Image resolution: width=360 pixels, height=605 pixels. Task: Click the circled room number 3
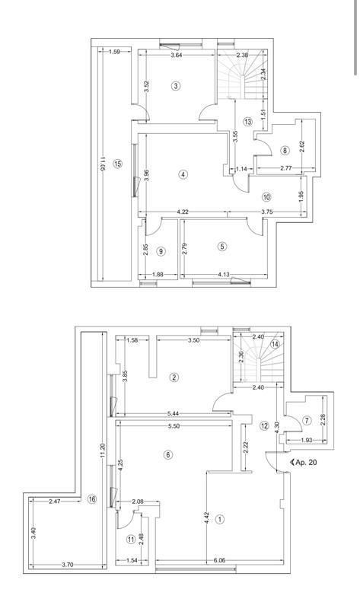[176, 86]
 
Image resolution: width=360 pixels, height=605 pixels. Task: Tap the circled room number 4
[183, 174]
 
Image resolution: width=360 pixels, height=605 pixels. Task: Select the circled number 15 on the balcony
[117, 164]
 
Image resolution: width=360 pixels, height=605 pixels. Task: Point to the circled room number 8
[285, 151]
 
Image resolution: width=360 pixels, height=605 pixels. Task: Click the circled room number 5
[222, 246]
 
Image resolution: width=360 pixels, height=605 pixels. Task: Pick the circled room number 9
[161, 251]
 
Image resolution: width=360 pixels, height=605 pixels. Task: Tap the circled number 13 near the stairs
[248, 122]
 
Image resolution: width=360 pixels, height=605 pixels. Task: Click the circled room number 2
[174, 377]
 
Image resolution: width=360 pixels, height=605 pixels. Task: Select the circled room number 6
[168, 455]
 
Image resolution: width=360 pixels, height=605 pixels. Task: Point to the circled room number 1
[220, 520]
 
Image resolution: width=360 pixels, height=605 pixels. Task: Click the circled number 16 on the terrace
[92, 499]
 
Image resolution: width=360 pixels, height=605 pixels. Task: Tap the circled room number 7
[307, 420]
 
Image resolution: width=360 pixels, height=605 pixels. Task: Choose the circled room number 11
[131, 539]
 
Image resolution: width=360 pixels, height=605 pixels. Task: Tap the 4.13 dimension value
[224, 274]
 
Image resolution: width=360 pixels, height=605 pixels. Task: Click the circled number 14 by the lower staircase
[276, 344]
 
